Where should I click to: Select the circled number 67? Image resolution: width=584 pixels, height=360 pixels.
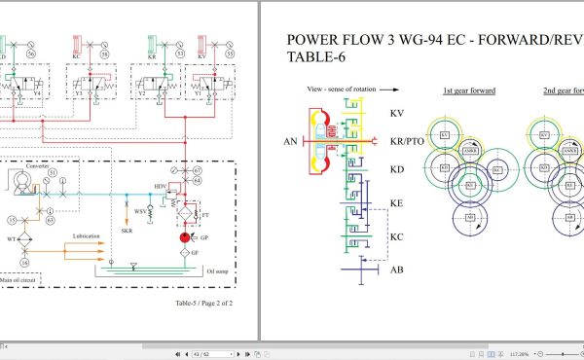[198, 171]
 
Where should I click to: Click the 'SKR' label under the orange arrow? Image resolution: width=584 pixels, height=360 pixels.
[128, 231]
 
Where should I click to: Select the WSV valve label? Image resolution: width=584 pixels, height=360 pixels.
[140, 210]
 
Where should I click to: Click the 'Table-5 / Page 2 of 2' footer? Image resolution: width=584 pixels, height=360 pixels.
[203, 303]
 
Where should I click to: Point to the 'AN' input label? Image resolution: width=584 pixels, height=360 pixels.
[289, 142]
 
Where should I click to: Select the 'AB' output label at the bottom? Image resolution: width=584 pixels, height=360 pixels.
[396, 270]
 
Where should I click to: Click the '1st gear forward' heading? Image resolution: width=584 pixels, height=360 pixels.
[469, 90]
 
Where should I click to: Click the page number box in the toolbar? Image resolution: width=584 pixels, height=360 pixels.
[201, 353]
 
